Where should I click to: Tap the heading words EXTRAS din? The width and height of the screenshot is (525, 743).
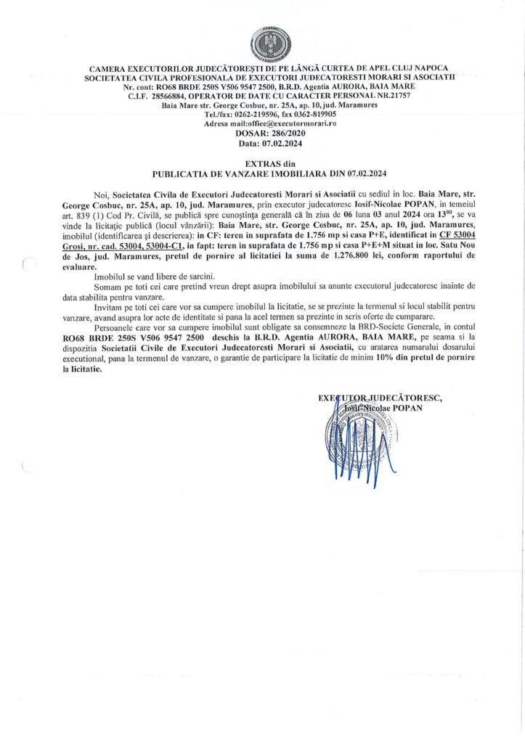[x=262, y=165]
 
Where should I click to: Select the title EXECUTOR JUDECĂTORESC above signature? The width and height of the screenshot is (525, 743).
[x=380, y=398]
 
